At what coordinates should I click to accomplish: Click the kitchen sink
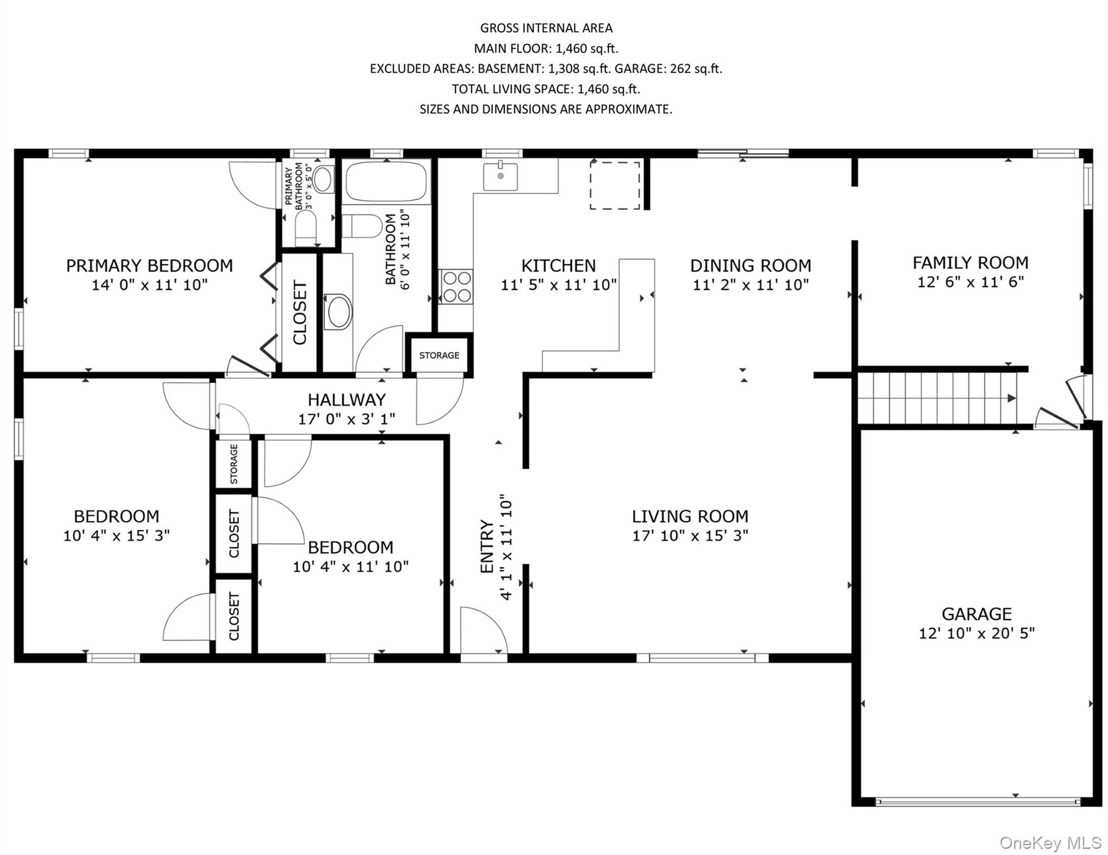(x=500, y=176)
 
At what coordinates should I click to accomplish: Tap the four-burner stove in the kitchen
(x=456, y=287)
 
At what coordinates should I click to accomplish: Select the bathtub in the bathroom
(x=387, y=181)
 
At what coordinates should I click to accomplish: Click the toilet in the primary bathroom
(x=306, y=227)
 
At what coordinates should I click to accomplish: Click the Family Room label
(x=971, y=263)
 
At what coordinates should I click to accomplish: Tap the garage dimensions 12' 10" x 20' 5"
(x=976, y=633)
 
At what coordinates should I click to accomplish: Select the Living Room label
(x=690, y=516)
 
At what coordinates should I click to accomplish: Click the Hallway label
(x=346, y=400)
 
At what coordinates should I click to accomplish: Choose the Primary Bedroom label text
(x=149, y=266)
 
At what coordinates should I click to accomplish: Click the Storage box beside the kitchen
(x=439, y=355)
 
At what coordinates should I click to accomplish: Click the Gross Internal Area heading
(x=546, y=28)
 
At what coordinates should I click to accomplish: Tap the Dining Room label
(x=751, y=266)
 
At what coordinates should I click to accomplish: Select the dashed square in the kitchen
(x=615, y=185)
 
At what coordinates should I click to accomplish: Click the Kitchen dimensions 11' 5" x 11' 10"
(x=559, y=285)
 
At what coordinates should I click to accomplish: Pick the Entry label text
(x=488, y=547)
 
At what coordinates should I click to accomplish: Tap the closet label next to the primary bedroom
(x=300, y=312)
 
